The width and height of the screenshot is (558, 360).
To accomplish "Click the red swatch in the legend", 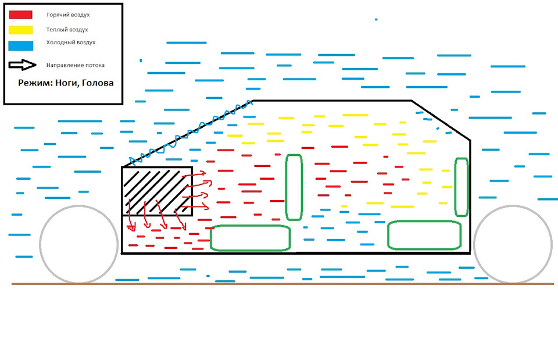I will (x=20, y=15).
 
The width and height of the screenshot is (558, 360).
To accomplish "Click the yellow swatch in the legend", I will (x=20, y=30).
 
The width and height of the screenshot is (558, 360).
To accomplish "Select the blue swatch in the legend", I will (x=20, y=45).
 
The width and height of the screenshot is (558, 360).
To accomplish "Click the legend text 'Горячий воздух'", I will (x=68, y=15).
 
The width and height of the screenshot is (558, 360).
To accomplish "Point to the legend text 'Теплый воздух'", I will (x=67, y=29).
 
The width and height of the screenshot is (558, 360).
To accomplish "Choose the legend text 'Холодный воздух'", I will (x=70, y=42).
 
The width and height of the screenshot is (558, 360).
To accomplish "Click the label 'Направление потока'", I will (x=75, y=65).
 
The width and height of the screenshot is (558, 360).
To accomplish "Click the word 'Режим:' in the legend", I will (x=34, y=83).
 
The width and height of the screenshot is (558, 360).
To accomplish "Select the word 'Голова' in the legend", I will (x=98, y=83).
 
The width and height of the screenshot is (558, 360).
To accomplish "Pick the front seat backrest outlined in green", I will (x=294, y=187).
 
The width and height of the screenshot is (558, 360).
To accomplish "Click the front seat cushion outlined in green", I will (x=250, y=238).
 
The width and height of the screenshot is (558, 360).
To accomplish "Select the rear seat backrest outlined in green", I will (x=462, y=187).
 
